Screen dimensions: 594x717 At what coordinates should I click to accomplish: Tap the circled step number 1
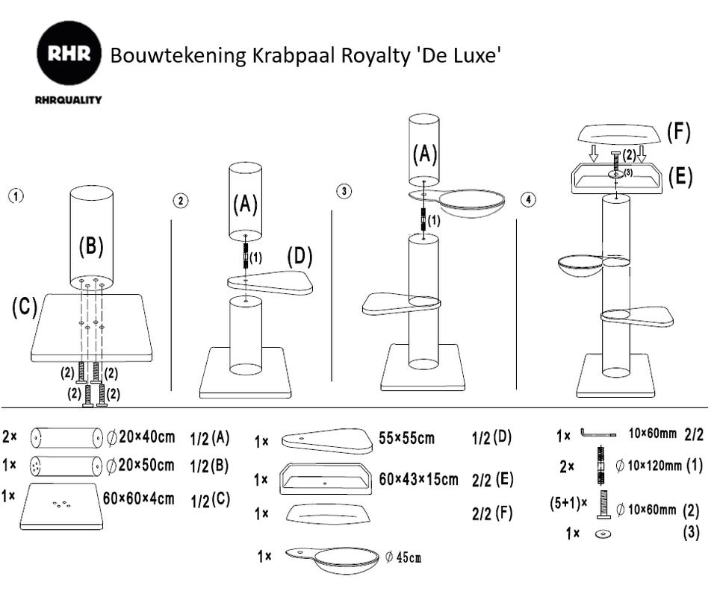[16, 196]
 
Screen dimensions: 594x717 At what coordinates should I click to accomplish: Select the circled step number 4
[529, 200]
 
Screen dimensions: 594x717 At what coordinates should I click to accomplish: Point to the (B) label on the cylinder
[91, 246]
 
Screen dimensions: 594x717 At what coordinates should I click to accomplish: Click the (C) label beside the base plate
[24, 307]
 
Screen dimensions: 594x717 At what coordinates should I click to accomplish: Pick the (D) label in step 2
[300, 257]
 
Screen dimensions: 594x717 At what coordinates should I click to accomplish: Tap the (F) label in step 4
[678, 132]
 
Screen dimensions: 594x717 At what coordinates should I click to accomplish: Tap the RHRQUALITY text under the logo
[68, 99]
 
